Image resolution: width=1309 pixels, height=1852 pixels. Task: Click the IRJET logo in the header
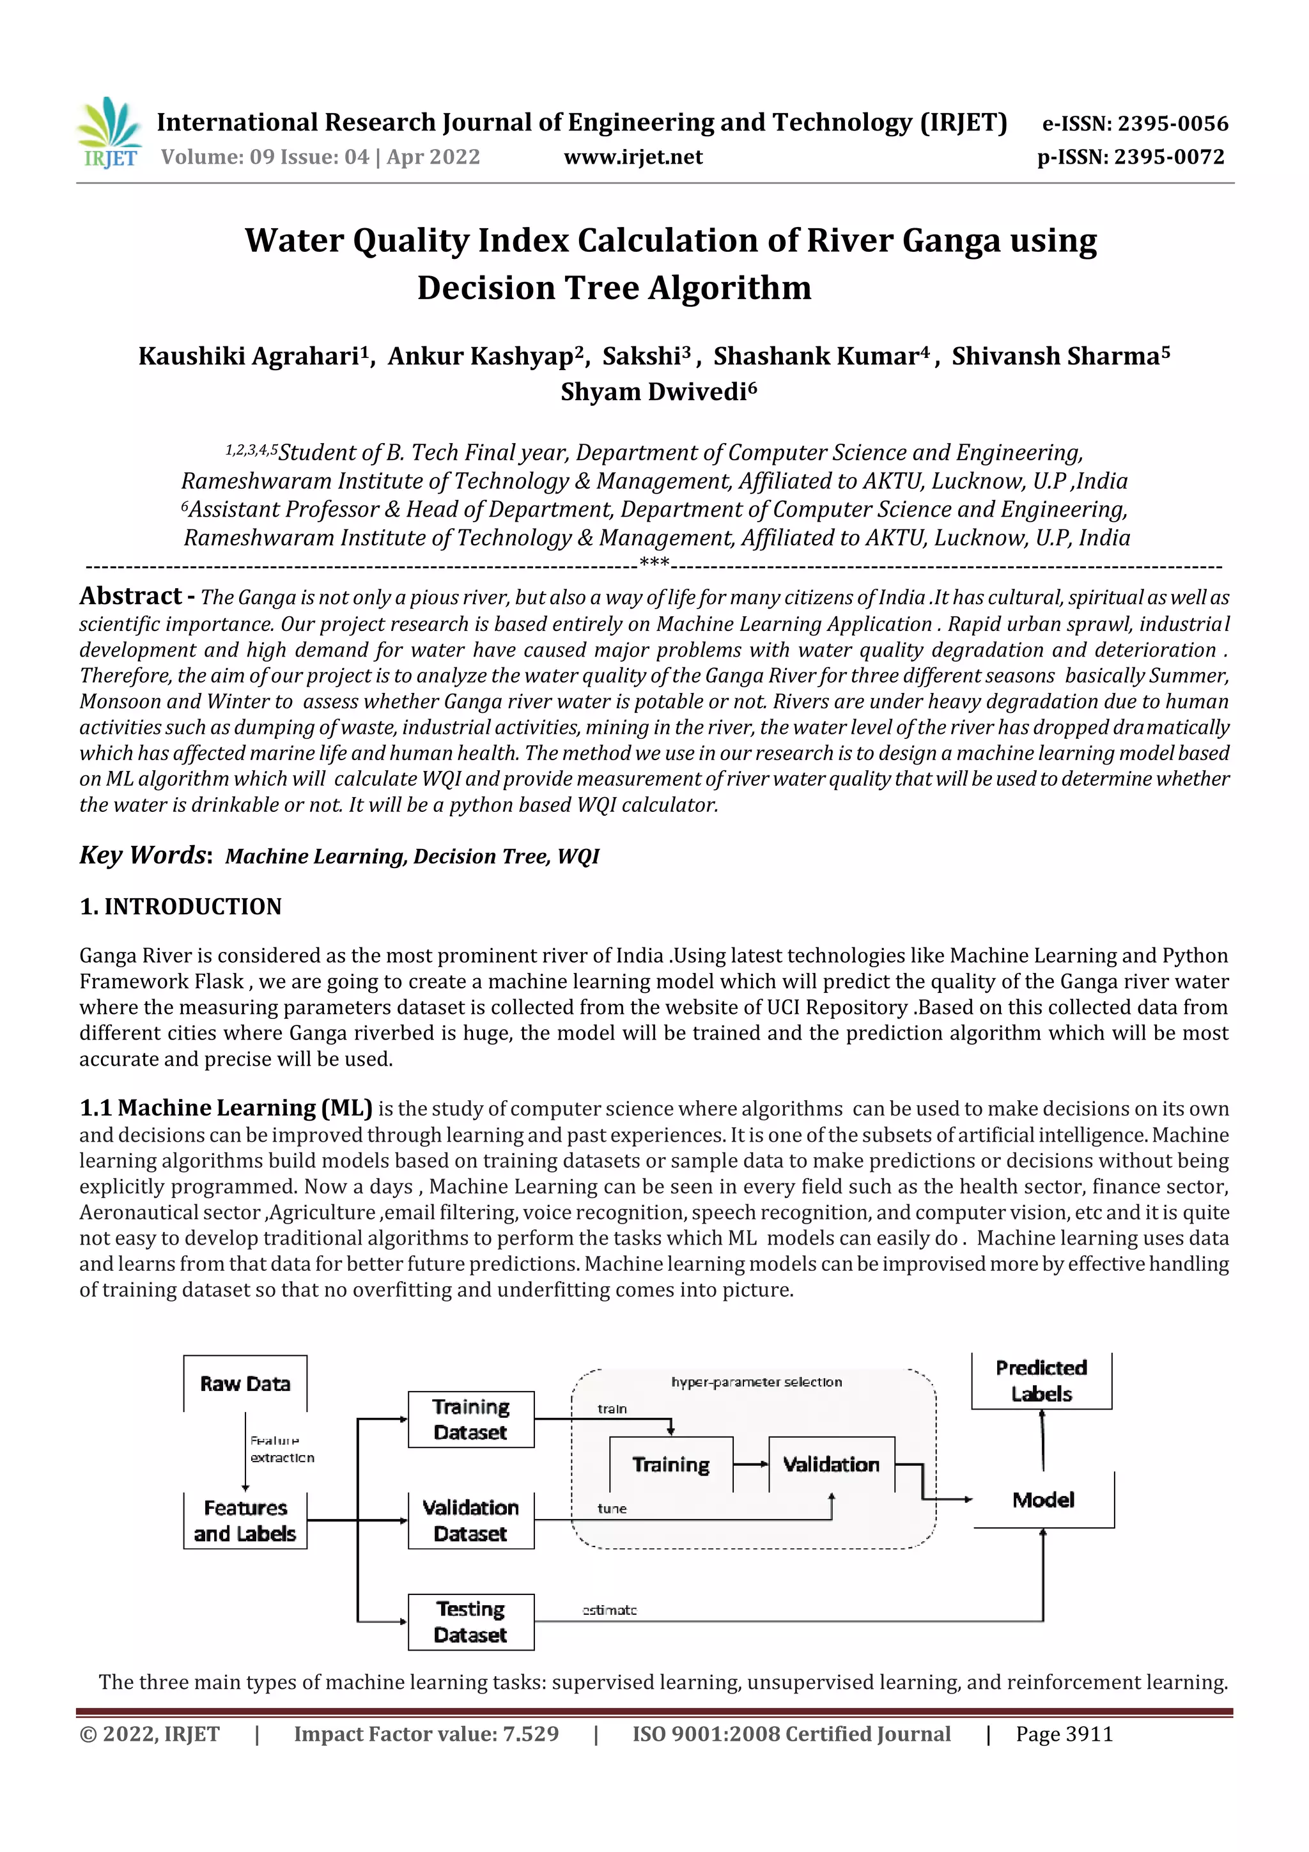coord(109,133)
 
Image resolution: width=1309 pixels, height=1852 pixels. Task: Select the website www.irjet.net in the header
coord(633,157)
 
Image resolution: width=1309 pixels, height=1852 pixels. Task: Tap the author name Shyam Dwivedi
coord(658,392)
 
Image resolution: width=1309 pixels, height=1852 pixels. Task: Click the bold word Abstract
coord(130,596)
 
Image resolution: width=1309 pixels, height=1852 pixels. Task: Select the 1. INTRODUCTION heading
coord(181,907)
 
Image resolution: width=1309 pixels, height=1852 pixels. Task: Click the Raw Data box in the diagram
coord(245,1384)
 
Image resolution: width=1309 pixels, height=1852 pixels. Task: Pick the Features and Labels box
coord(245,1520)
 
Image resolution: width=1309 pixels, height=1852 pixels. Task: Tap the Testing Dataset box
coord(471,1622)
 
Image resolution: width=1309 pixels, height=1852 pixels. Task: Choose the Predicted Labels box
coord(1041,1381)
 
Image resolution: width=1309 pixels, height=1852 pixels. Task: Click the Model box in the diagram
coord(1044,1500)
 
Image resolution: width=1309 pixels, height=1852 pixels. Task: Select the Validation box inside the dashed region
coord(832,1465)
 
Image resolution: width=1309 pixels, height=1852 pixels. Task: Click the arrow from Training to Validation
coord(751,1465)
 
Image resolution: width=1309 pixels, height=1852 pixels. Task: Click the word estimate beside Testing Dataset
coord(610,1610)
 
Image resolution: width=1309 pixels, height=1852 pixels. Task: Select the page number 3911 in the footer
coord(1089,1734)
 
